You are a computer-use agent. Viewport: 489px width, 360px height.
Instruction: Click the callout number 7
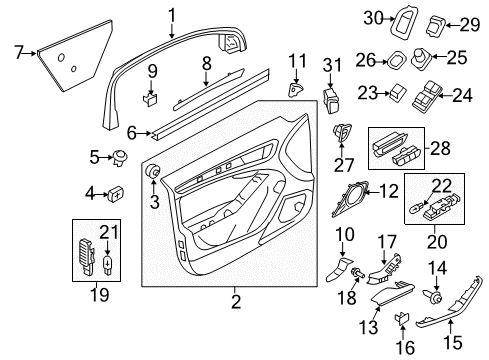19,52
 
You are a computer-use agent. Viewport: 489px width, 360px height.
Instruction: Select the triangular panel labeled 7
75,55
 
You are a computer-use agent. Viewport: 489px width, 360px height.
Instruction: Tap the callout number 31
332,65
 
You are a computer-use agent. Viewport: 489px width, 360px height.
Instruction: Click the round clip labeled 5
120,158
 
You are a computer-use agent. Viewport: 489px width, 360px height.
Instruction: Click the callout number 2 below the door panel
236,302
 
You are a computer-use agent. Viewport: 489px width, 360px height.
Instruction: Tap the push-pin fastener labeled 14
433,295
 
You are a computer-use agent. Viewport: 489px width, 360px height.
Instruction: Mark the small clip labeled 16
401,318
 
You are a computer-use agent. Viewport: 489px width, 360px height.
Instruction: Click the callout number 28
440,148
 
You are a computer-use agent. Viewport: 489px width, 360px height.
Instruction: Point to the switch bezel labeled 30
404,23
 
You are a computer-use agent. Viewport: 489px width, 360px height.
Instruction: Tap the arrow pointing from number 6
144,134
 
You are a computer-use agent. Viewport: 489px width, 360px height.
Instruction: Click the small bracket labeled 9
150,99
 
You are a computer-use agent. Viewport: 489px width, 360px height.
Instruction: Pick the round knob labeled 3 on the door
153,171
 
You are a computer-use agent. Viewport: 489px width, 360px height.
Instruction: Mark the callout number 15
453,342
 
